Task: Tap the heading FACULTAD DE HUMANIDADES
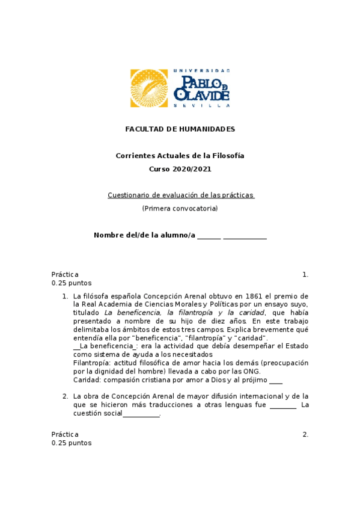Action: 180,129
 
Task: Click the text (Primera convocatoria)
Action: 180,208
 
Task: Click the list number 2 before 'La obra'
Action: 65,396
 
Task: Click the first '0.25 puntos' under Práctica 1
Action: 72,283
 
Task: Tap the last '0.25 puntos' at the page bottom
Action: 72,443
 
